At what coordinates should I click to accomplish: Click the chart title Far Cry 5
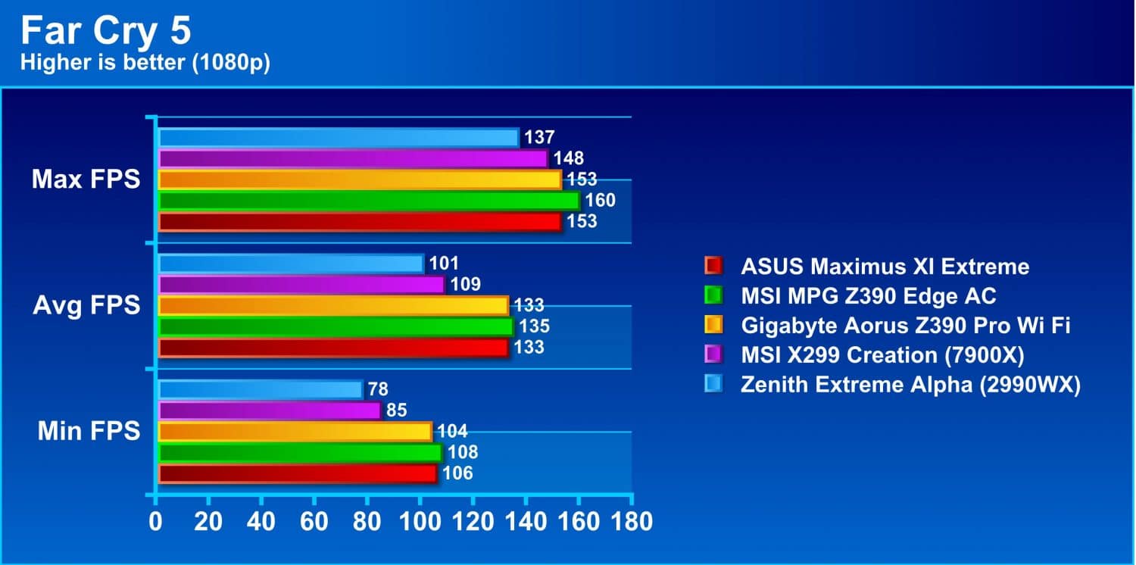(x=105, y=30)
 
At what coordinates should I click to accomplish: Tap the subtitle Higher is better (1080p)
(x=145, y=62)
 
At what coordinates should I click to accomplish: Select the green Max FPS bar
(x=370, y=201)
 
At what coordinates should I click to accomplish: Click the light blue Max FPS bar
(x=339, y=138)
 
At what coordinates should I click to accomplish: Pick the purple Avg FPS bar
(x=301, y=285)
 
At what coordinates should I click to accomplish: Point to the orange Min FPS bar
(x=295, y=432)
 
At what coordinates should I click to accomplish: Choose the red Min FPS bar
(x=298, y=473)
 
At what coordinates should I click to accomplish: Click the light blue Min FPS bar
(x=261, y=389)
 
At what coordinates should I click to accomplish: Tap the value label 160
(x=601, y=201)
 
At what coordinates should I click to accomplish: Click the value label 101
(x=444, y=264)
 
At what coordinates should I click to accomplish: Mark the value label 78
(x=379, y=389)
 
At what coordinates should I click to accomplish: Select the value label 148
(x=569, y=158)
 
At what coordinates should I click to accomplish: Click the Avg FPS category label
(x=86, y=304)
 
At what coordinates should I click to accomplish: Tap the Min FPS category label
(x=89, y=431)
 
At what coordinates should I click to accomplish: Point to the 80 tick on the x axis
(x=367, y=521)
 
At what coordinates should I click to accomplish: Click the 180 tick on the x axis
(x=632, y=521)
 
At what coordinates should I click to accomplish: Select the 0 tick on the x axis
(x=155, y=521)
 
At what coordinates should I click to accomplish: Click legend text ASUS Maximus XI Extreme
(x=885, y=267)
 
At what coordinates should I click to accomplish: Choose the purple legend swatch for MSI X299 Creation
(x=713, y=354)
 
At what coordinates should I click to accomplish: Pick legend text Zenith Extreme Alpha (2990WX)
(x=911, y=385)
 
